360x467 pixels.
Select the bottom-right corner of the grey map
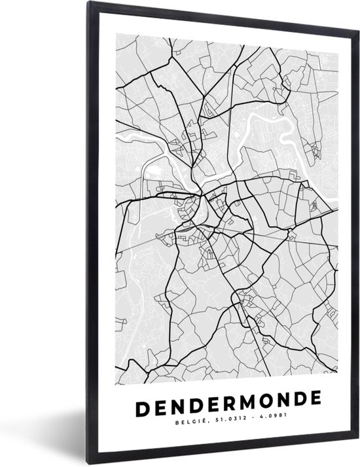(x=338, y=366)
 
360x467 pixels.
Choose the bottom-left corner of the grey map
(x=117, y=367)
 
